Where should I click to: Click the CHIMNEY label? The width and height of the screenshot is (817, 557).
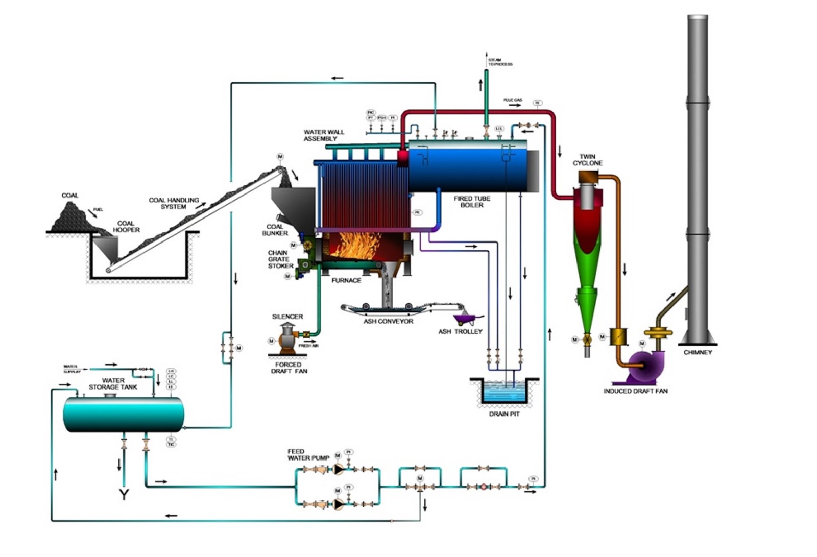(x=697, y=352)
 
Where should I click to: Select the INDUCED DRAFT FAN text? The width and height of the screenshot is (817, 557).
(x=635, y=391)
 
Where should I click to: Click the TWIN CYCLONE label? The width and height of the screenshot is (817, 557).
(x=587, y=160)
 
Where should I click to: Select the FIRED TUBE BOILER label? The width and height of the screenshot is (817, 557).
(x=471, y=202)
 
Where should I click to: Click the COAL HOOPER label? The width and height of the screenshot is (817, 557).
(x=126, y=227)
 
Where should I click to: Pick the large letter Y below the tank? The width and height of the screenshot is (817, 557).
(x=124, y=494)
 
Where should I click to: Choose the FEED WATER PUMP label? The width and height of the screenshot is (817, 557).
(x=308, y=454)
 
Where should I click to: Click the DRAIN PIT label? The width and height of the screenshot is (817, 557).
(x=504, y=414)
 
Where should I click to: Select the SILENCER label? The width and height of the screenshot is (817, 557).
(x=287, y=317)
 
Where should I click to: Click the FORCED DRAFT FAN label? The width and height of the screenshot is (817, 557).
(x=289, y=368)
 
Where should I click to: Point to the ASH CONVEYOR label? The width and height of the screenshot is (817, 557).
(x=388, y=321)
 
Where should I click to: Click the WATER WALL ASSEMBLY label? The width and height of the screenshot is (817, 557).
(x=324, y=135)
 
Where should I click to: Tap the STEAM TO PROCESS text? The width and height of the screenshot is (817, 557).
(x=499, y=62)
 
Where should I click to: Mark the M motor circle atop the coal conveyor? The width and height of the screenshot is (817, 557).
(x=280, y=156)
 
